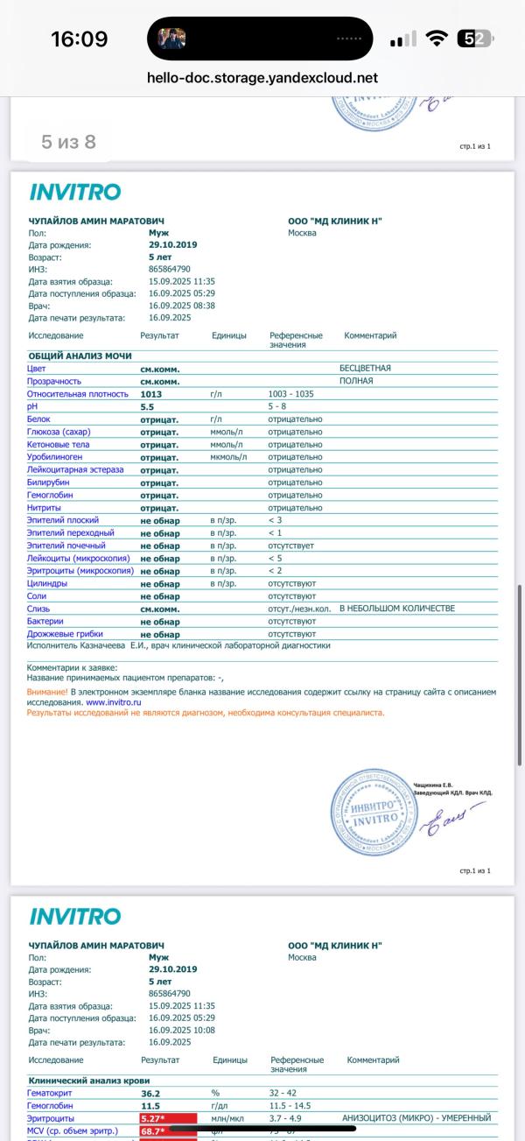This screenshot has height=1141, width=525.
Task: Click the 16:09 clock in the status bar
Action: point(79,39)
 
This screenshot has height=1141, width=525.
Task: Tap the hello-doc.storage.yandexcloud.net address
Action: point(263,78)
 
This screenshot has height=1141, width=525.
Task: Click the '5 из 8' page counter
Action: point(68,142)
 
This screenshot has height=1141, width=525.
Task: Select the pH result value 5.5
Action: point(147,406)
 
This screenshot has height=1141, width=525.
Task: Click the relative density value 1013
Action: point(150,394)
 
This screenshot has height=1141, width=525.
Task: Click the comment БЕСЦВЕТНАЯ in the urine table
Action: point(365,369)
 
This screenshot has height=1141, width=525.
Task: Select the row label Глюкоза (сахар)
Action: point(59,432)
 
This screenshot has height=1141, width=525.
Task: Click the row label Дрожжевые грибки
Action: point(66,634)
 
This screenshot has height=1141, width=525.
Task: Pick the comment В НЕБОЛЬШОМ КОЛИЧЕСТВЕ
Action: point(397,609)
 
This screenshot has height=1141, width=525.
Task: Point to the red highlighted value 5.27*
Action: point(158,1118)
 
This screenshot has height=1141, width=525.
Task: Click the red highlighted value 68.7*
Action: point(158,1131)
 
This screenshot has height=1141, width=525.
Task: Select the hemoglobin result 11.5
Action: point(150,1106)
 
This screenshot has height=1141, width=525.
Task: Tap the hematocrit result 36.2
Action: point(150,1093)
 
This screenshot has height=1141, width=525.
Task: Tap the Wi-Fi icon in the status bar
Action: point(436,39)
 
